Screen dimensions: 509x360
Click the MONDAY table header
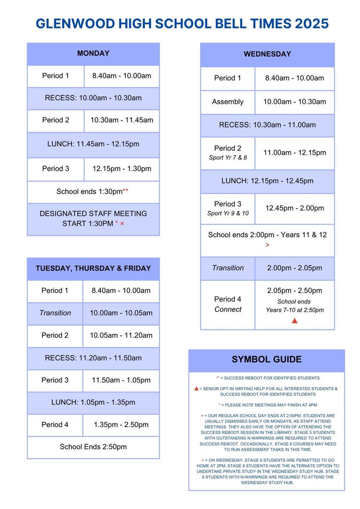click(x=93, y=54)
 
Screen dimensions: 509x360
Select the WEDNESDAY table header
click(x=267, y=54)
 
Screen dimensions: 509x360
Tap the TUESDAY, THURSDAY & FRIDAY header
click(x=93, y=269)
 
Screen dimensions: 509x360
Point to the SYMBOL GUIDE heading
click(x=266, y=359)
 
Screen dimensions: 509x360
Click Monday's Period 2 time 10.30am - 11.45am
click(x=122, y=120)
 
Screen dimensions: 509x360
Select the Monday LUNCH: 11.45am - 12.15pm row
click(x=93, y=143)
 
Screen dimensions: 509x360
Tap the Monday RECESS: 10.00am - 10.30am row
click(x=93, y=98)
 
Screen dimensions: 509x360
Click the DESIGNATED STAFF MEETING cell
click(x=93, y=218)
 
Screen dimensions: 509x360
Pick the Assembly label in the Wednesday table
click(x=228, y=102)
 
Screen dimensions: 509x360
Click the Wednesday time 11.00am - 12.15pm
click(x=294, y=153)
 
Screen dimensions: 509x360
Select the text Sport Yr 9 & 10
click(x=228, y=213)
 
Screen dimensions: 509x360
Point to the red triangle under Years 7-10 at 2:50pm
click(x=295, y=320)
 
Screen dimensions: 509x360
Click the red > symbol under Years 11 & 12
click(x=267, y=245)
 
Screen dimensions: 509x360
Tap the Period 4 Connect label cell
click(x=228, y=304)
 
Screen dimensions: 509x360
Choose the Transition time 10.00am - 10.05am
click(x=121, y=313)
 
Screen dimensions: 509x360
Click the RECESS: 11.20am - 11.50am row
click(x=93, y=358)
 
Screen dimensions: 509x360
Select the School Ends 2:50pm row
click(x=93, y=447)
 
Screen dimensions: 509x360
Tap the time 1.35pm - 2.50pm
click(x=121, y=425)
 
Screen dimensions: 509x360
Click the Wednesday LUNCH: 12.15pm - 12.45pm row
click(x=267, y=181)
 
